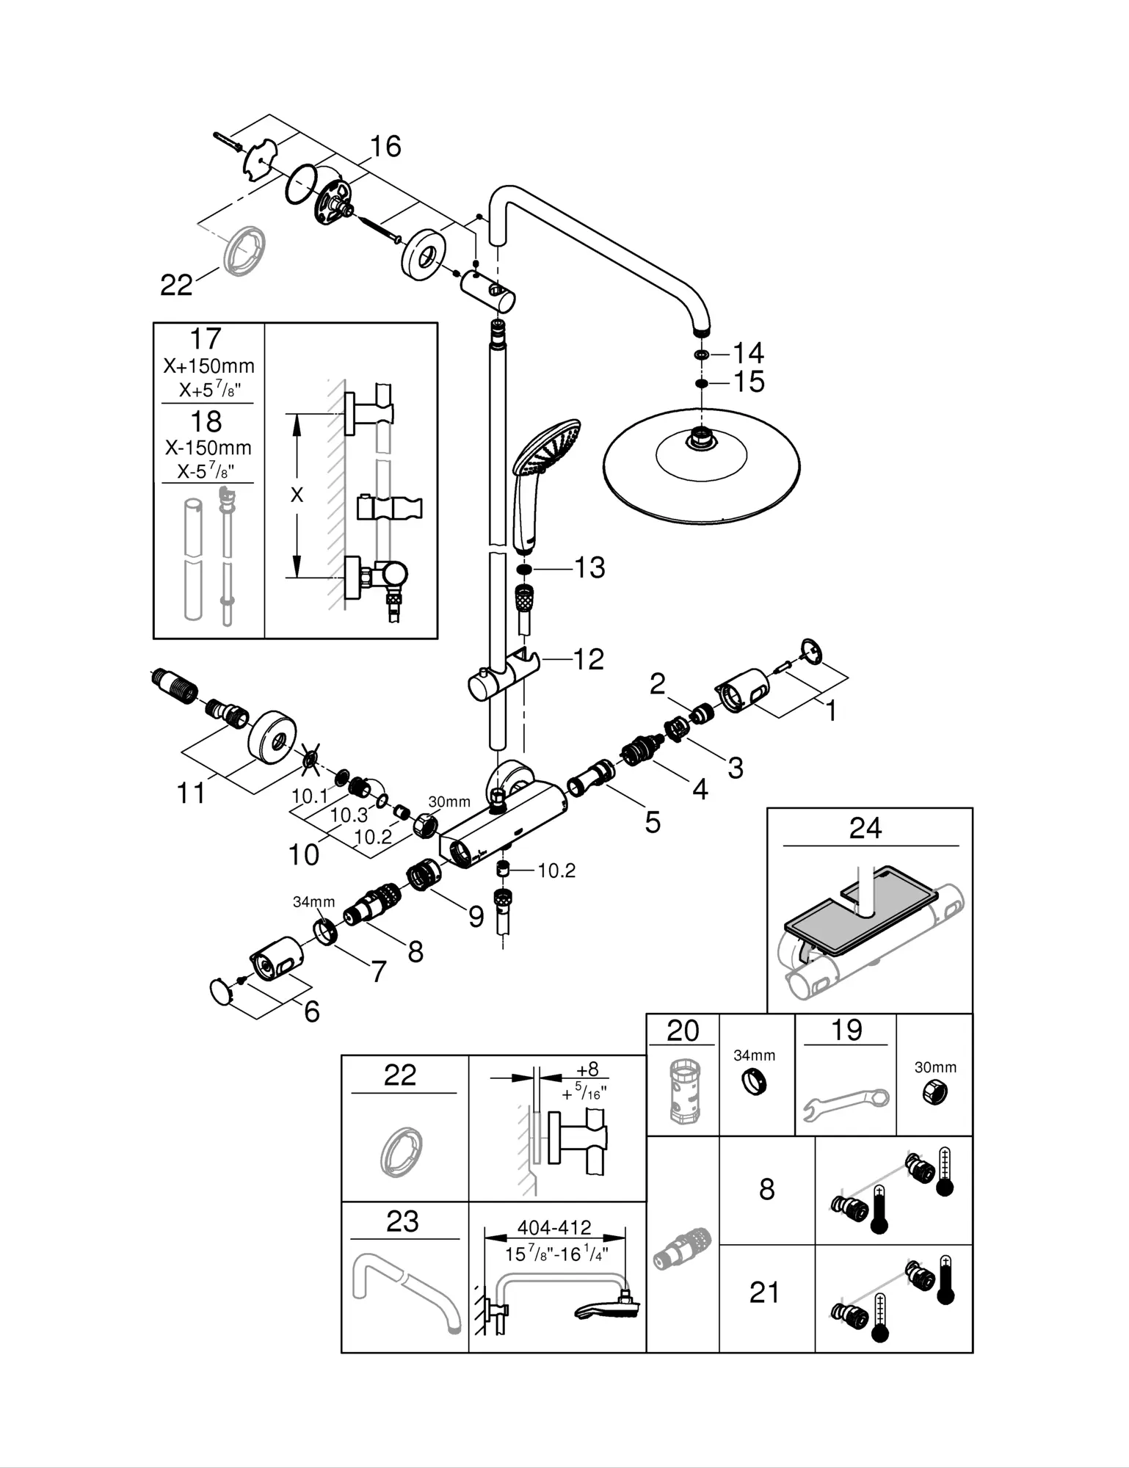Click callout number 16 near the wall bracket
[385, 146]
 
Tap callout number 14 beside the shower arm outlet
[748, 353]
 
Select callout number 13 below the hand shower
[589, 567]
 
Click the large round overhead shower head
[701, 466]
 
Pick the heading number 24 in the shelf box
[865, 828]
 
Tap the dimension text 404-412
[554, 1227]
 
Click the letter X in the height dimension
[297, 495]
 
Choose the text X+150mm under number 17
[209, 366]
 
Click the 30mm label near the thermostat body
[449, 802]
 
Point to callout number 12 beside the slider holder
[588, 659]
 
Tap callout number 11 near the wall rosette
[192, 793]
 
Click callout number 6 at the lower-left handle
[312, 1011]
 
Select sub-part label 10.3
[349, 815]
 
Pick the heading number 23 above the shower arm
[402, 1221]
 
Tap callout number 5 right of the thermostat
[653, 822]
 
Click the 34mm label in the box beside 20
[755, 1055]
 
